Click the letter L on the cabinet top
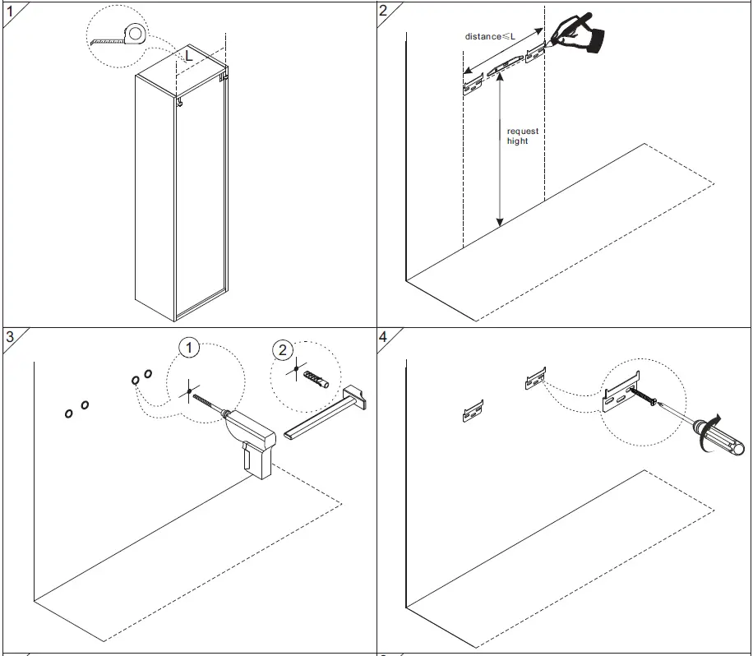click(188, 57)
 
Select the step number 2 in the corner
click(384, 10)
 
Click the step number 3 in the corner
click(8, 336)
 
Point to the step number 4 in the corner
click(384, 336)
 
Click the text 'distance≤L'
click(490, 36)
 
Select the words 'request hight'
click(522, 136)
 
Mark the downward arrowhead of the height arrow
click(500, 220)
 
